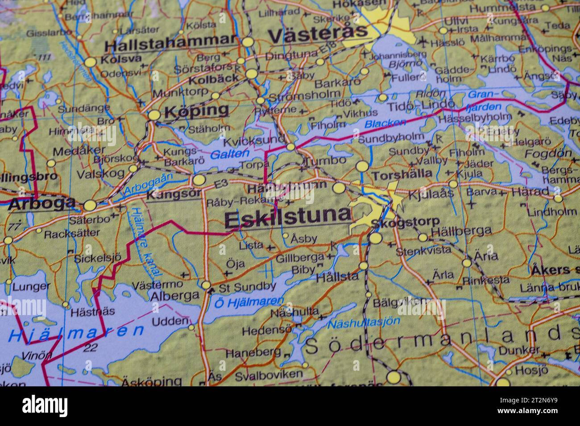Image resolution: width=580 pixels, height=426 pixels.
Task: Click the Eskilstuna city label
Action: point(288,218)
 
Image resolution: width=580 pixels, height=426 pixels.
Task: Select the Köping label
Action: point(196,111)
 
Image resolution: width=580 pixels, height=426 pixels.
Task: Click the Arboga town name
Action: point(41,203)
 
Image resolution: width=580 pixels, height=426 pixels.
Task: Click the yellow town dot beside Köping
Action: point(154,115)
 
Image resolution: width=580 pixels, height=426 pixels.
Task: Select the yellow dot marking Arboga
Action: point(90,205)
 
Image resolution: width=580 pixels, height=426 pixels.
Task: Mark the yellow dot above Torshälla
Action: point(362,167)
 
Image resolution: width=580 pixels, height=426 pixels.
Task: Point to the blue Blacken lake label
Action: point(385,123)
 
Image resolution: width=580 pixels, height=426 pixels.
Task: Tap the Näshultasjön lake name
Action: point(364,322)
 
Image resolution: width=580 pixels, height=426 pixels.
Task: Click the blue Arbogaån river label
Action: point(148,184)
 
